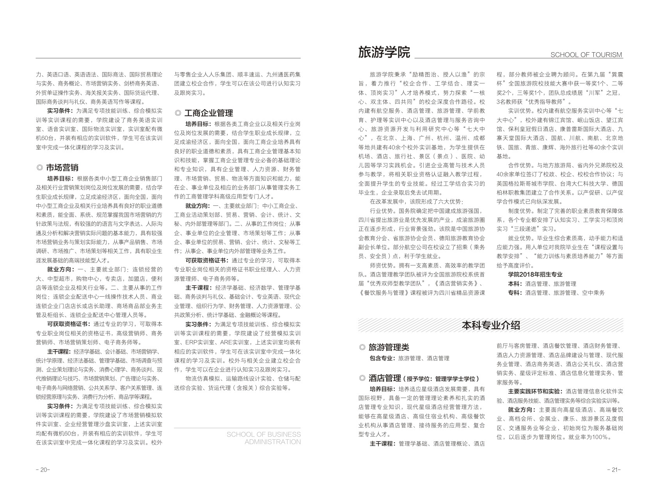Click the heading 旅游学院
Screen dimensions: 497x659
(384, 52)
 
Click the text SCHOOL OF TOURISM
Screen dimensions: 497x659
(586, 55)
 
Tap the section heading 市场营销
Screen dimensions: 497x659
(62, 168)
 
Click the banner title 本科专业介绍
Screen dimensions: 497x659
(491, 325)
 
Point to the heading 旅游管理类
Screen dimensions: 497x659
(389, 347)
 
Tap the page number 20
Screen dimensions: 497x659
(43, 470)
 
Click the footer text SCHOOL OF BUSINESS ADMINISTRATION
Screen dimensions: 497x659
(264, 438)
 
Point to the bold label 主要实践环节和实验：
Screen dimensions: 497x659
(535, 391)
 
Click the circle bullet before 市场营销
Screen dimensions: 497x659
(39, 168)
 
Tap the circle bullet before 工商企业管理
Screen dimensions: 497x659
(178, 113)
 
